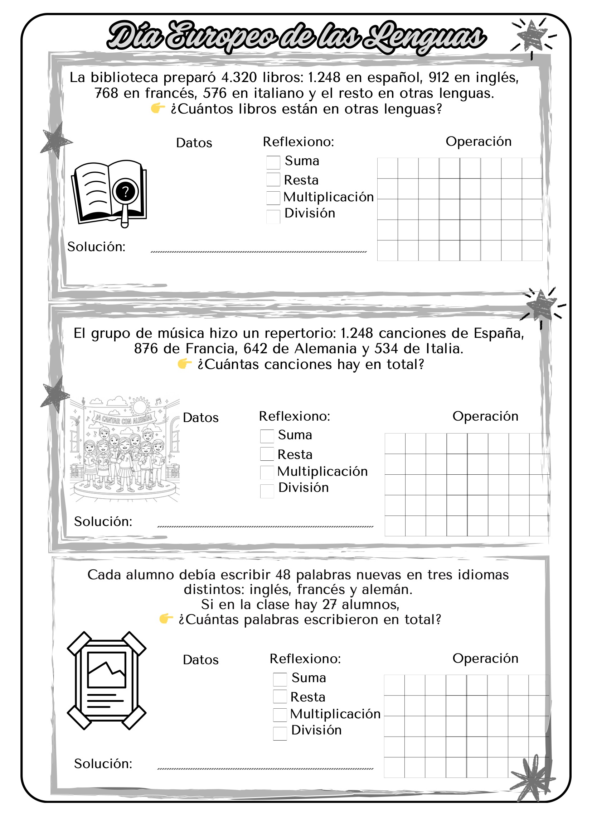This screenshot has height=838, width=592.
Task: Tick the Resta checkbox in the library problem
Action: click(x=273, y=179)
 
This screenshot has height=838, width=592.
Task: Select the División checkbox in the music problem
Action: click(x=267, y=491)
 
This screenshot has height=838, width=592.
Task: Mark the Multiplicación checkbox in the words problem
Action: click(x=280, y=715)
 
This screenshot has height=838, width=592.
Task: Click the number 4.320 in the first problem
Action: click(x=239, y=77)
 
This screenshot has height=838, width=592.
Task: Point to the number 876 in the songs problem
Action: click(x=146, y=349)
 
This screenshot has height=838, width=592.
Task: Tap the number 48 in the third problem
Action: click(x=283, y=574)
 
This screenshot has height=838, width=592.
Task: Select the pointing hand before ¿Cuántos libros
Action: click(x=158, y=109)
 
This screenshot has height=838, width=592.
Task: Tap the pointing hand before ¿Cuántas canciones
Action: click(x=184, y=364)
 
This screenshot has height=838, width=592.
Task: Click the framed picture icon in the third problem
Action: click(x=106, y=680)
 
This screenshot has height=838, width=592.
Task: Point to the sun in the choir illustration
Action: click(x=139, y=406)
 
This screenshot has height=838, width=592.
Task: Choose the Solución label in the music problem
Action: click(x=103, y=522)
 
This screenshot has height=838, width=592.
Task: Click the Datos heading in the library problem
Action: click(x=194, y=143)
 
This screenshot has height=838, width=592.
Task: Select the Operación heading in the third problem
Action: click(x=485, y=658)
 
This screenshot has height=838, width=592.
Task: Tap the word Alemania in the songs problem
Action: click(x=325, y=349)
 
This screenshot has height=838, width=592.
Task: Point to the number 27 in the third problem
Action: click(x=329, y=604)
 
